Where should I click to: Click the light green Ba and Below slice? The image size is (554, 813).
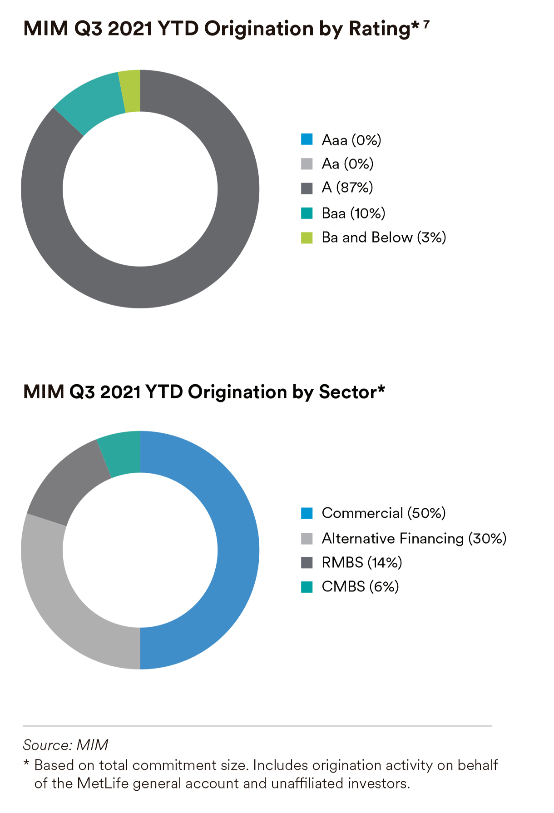click(131, 91)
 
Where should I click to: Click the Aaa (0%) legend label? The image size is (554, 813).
click(351, 140)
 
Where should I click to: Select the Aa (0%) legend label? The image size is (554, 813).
click(347, 164)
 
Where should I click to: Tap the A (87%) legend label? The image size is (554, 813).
click(347, 188)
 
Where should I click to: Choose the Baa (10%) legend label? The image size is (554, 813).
click(353, 213)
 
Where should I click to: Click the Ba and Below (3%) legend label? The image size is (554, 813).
click(384, 238)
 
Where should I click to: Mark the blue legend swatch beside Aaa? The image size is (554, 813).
click(307, 139)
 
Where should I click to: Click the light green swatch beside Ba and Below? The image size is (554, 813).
click(307, 238)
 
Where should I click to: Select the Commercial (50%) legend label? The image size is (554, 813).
click(384, 513)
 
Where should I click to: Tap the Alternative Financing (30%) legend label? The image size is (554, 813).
click(414, 539)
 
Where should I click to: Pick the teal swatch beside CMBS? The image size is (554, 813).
click(307, 587)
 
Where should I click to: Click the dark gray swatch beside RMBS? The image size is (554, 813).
click(307, 563)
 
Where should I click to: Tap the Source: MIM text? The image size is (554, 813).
click(65, 745)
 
